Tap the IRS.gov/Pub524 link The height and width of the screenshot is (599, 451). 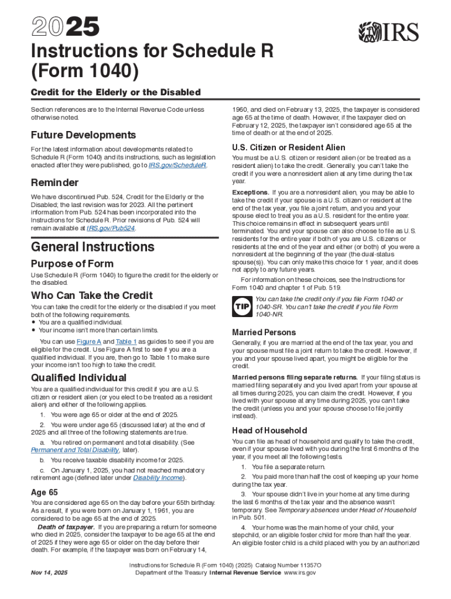(111, 228)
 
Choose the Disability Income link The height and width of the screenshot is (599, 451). (158, 478)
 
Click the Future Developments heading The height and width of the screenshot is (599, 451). (83, 135)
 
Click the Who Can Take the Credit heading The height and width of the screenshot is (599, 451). (91, 295)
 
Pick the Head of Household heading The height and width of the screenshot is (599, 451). (269, 430)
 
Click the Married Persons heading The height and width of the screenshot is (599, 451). (264, 332)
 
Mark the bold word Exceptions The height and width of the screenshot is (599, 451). (251, 192)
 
